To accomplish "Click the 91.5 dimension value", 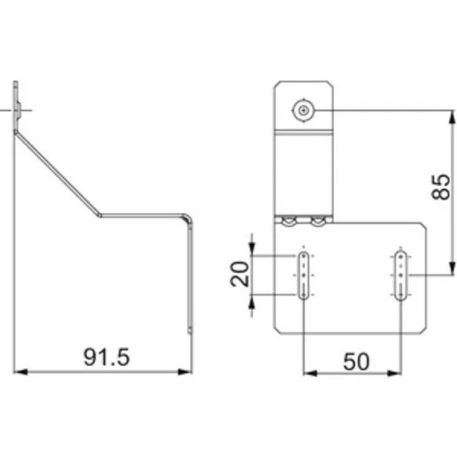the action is [106, 357].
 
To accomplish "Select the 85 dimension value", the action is [440, 187].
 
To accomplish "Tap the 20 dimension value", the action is [240, 274].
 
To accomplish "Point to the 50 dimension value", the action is [356, 361].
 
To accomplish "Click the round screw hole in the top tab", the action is [303, 111].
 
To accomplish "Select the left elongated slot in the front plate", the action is [303, 275].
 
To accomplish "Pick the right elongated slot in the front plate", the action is [401, 276].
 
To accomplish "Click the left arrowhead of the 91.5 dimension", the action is [20, 372].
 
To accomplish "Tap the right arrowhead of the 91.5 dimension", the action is [185, 372].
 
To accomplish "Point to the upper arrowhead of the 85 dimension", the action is [452, 117].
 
